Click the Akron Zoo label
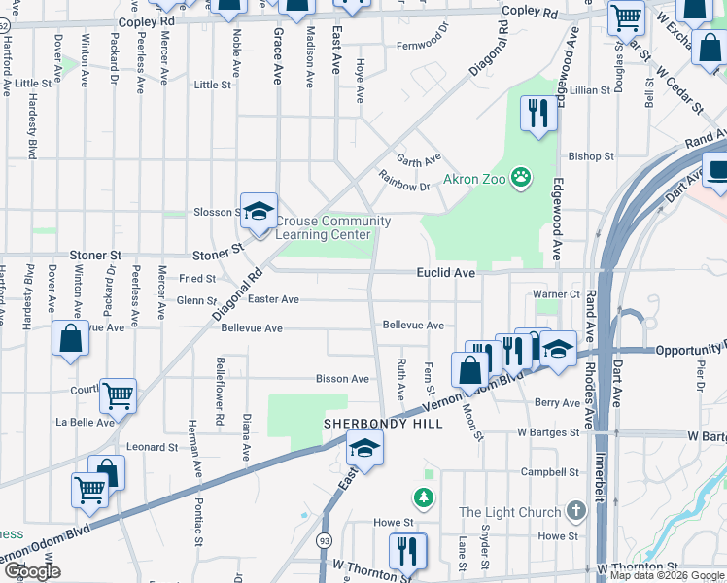pyautogui.click(x=475, y=180)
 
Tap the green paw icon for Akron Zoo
pyautogui.click(x=523, y=177)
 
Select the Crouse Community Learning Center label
pyautogui.click(x=333, y=228)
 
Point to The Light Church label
pyautogui.click(x=509, y=512)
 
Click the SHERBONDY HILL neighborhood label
pyautogui.click(x=383, y=424)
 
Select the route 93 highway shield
pyautogui.click(x=322, y=538)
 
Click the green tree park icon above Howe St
pyautogui.click(x=424, y=498)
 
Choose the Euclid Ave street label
pyautogui.click(x=446, y=274)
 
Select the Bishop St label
pyautogui.click(x=591, y=155)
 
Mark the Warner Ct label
pyautogui.click(x=556, y=294)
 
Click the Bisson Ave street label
pyautogui.click(x=342, y=379)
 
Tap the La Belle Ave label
pyautogui.click(x=86, y=422)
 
